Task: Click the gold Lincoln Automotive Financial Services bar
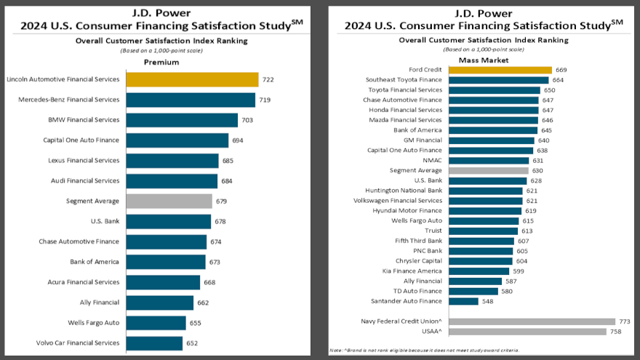click(192, 79)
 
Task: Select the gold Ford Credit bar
click(500, 70)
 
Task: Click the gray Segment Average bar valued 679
click(169, 201)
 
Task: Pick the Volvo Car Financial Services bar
click(154, 343)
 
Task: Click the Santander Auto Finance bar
click(463, 301)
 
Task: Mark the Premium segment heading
click(161, 62)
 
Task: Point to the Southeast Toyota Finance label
click(404, 80)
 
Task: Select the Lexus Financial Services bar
click(172, 160)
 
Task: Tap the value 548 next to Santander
click(487, 301)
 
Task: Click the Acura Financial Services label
click(84, 282)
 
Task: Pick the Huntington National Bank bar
click(485, 191)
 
